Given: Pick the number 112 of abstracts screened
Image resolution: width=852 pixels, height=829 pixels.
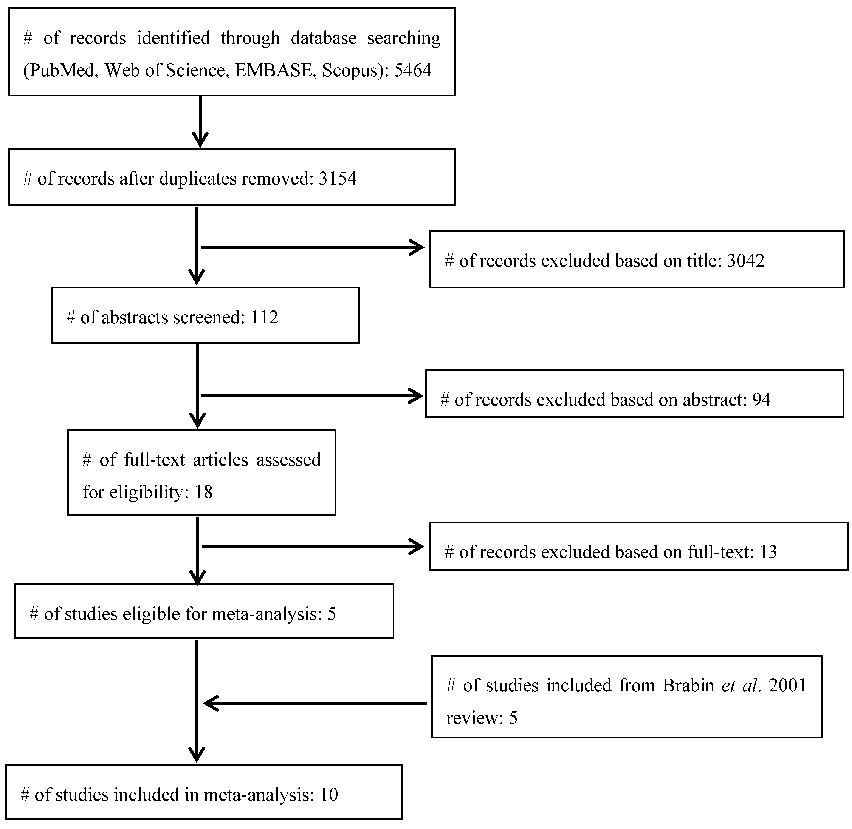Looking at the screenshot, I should (264, 317).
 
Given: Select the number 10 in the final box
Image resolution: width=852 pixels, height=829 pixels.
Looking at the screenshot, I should (329, 795).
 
